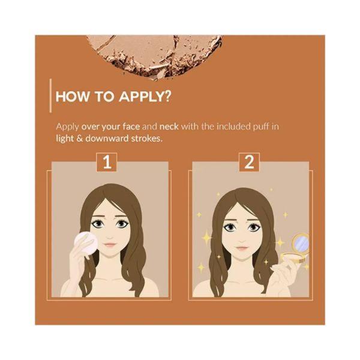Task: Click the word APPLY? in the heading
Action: pos(145,97)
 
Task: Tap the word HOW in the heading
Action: pos(72,97)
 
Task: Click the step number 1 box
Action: pos(107,162)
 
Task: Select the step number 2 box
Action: pos(250,162)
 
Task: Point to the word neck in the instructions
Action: pos(169,127)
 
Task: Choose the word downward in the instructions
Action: pos(107,139)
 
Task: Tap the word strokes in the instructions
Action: pos(146,139)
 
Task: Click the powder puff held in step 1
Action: pos(86,242)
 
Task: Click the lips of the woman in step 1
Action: pos(110,245)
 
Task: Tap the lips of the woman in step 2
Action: pos(242,248)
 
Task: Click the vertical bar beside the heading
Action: pos(50,95)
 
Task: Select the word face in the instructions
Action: pos(131,127)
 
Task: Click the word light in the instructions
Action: pos(65,139)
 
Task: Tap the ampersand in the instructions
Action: pos(79,139)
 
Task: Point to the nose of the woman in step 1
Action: pos(110,236)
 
